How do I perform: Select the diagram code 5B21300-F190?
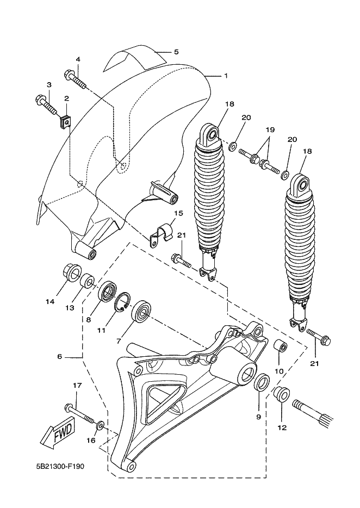[60, 466]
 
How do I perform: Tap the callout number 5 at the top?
[176, 52]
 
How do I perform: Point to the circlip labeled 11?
[123, 302]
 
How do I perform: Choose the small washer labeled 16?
[100, 425]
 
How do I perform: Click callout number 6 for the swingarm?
[59, 356]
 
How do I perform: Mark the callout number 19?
[270, 130]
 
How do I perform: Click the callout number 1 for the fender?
[226, 76]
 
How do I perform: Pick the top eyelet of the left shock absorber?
[210, 133]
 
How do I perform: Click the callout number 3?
[49, 85]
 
